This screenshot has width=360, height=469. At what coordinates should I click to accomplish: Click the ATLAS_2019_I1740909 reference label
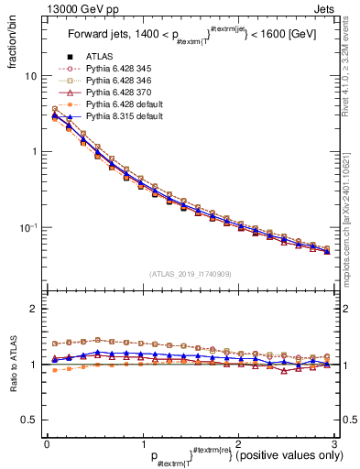(x=189, y=275)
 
